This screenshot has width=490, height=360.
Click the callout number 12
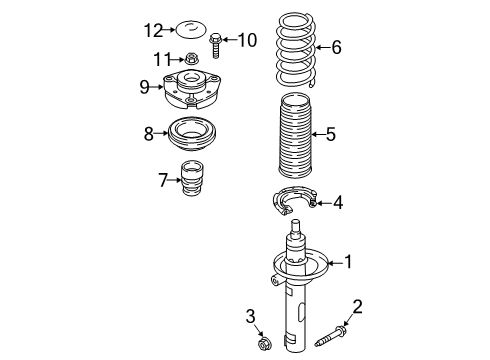pyautogui.click(x=153, y=30)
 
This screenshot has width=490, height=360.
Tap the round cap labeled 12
pyautogui.click(x=191, y=29)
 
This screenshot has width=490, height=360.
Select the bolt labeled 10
pyautogui.click(x=215, y=46)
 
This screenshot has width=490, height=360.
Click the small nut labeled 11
pyautogui.click(x=191, y=59)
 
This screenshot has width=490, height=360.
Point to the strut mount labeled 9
pyautogui.click(x=192, y=89)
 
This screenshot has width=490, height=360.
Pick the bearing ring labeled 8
pyautogui.click(x=192, y=133)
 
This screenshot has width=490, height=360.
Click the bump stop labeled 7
pyautogui.click(x=192, y=179)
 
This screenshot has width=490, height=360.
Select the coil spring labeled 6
pyautogui.click(x=296, y=50)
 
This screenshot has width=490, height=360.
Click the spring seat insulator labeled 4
pyautogui.click(x=293, y=201)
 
